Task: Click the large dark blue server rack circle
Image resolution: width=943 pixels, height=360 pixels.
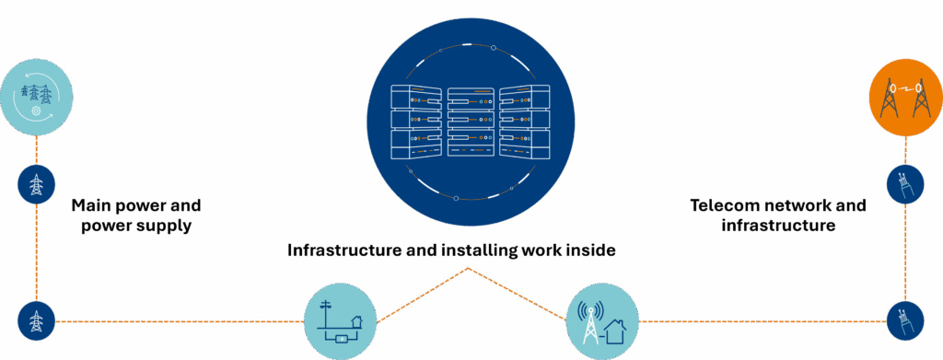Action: click(x=471, y=121)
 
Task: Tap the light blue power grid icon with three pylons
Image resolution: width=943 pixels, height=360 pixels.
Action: click(x=36, y=96)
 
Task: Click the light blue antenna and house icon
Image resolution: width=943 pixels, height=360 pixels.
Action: click(x=602, y=319)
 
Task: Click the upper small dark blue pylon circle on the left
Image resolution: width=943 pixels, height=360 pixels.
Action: click(x=36, y=184)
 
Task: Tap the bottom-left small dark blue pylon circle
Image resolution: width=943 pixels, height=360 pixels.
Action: click(x=36, y=321)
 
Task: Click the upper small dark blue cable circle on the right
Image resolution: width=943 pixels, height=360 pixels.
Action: click(x=904, y=184)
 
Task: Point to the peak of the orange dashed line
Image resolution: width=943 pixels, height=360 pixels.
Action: click(x=470, y=268)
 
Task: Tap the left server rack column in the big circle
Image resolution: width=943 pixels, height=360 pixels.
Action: click(x=416, y=121)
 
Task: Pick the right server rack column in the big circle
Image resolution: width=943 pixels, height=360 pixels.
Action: click(x=526, y=121)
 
